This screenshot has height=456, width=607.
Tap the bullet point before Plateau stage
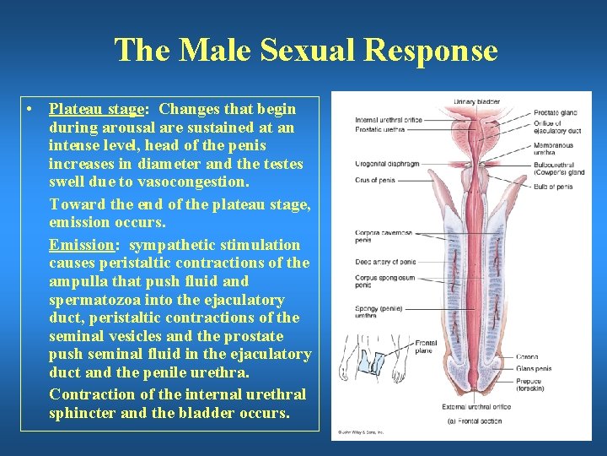[30, 110]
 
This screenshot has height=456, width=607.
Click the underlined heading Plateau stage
[97, 109]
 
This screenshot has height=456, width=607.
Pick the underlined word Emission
[81, 245]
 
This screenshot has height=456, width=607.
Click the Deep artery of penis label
[385, 262]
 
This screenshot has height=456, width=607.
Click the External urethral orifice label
[455, 406]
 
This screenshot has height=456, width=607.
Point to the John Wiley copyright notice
[361, 432]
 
